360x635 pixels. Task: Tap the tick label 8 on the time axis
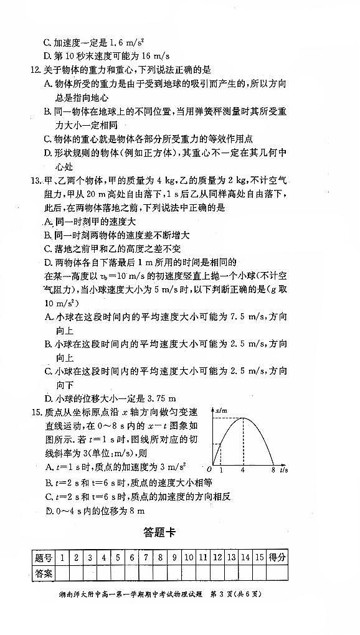click(273, 471)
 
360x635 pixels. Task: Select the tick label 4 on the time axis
click(243, 471)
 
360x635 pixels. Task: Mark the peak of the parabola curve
click(243, 419)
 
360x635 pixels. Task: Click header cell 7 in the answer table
click(145, 558)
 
